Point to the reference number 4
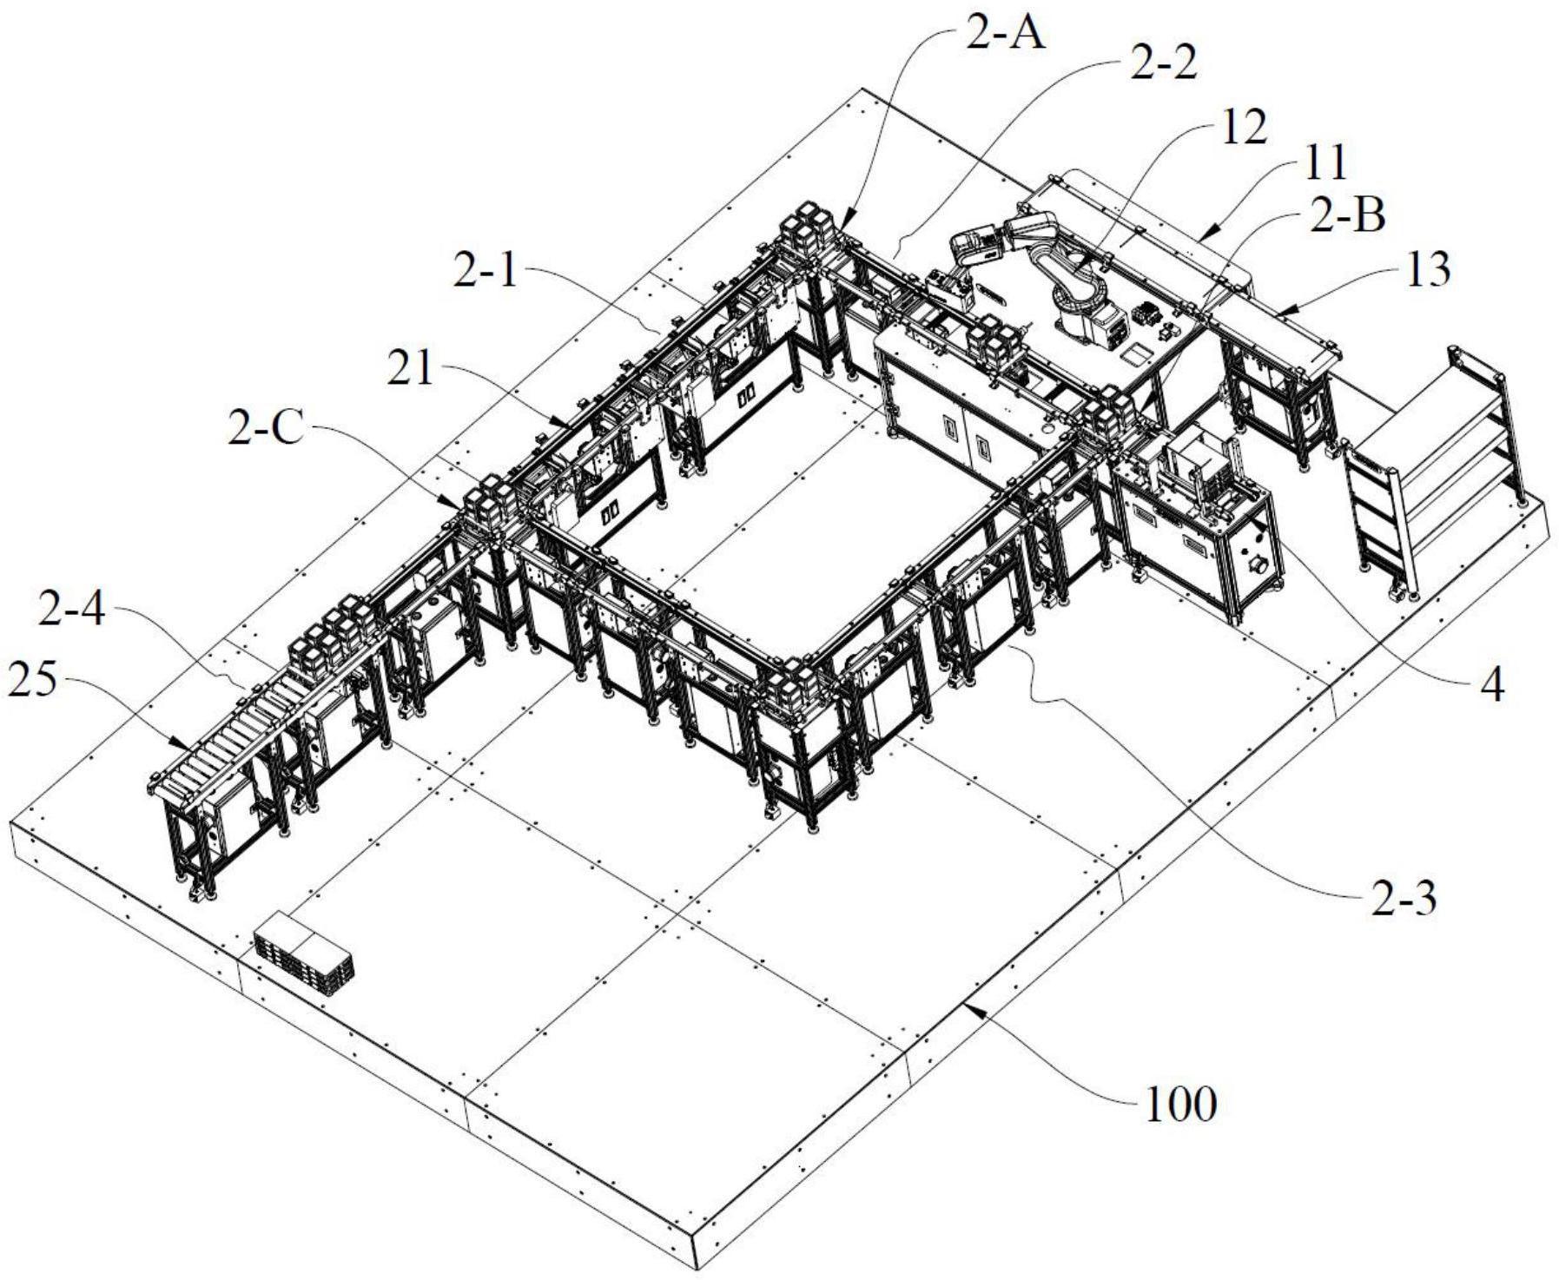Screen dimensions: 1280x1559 [x=1490, y=686]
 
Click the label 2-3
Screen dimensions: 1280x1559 [x=1404, y=900]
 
